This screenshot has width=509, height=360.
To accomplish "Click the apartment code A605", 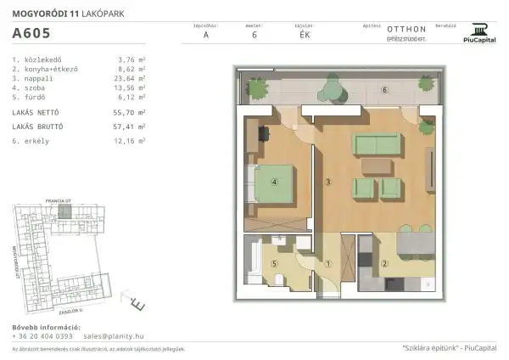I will coord(31,35).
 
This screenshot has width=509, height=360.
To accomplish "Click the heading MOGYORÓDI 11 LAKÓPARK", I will coord(61,13).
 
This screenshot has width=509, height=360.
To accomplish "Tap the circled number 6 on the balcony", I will coord(383,90).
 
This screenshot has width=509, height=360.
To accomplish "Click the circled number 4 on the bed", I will coord(274,181).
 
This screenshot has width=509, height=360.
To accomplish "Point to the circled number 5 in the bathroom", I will coord(274,263).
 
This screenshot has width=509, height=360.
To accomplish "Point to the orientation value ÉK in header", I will coord(305,36).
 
